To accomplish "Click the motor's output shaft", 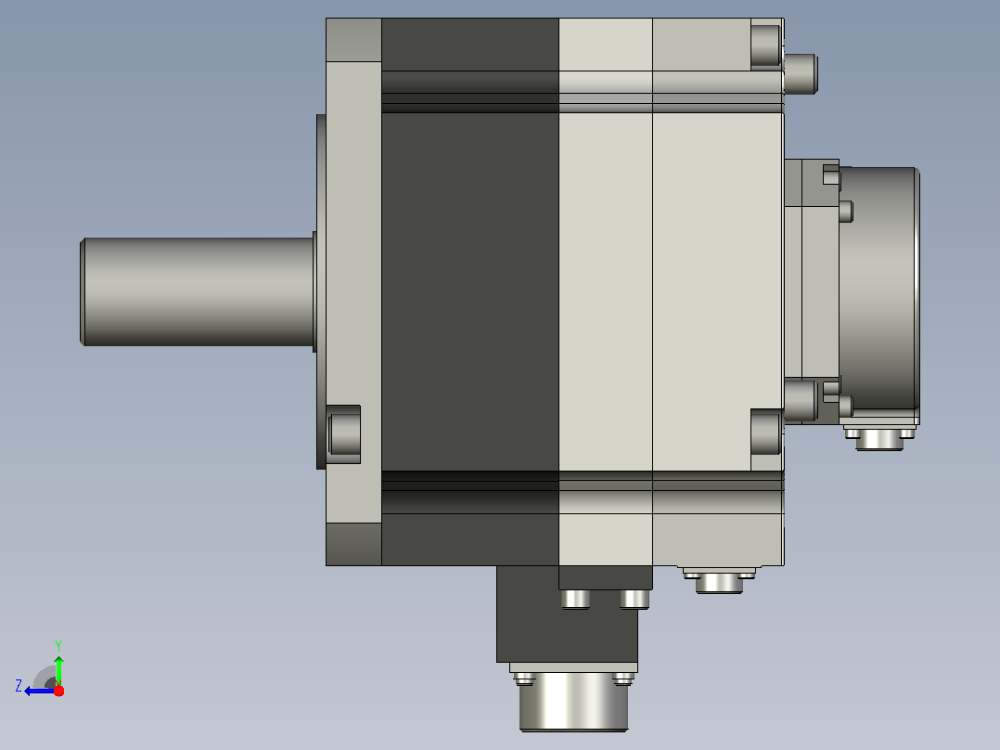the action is pos(198,291).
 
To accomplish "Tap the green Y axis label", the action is pos(58,645).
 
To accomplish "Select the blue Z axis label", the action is pos(19,686).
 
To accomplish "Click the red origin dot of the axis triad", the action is pos(58,691).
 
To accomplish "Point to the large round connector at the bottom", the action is pos(573,702).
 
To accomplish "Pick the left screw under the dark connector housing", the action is pos(575,600).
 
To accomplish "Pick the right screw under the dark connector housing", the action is pos(635,600).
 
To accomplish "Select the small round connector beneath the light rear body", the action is pos(720,581).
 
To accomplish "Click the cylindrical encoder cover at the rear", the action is pos(879,289).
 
